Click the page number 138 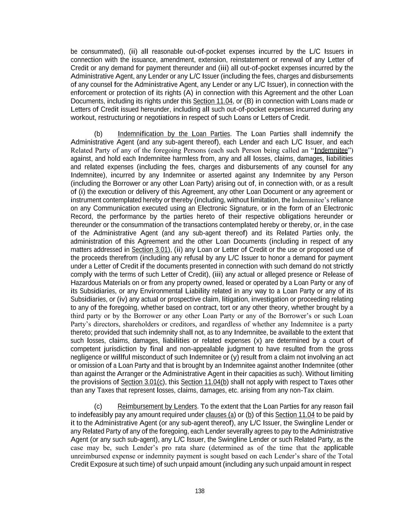pyautogui.click(x=200, y=491)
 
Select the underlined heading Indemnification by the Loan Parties pyautogui.click(x=174, y=134)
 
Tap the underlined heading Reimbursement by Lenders pyautogui.click(x=157, y=406)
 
